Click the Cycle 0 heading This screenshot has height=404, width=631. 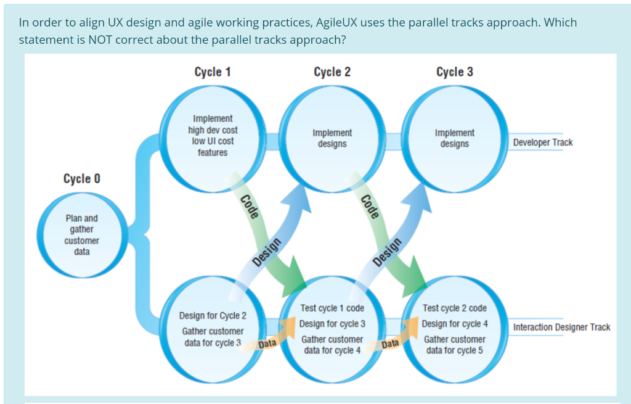[x=81, y=179]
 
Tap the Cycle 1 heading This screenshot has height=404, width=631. [x=213, y=72]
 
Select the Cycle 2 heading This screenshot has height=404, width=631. [x=332, y=72]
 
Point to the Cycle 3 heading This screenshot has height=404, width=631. [x=455, y=72]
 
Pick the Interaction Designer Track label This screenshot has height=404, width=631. [x=561, y=327]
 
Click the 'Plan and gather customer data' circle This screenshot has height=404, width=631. [x=82, y=235]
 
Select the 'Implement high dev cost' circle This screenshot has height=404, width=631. [x=213, y=136]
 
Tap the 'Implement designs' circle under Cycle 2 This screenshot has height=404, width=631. [x=332, y=138]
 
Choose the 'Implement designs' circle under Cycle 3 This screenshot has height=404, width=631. [x=455, y=138]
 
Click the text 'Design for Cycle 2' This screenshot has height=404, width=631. [x=213, y=316]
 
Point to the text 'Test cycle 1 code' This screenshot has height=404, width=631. [x=332, y=308]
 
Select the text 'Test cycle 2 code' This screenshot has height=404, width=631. [x=455, y=308]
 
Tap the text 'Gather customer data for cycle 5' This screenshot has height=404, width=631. [x=455, y=345]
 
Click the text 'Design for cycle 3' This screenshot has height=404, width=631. [x=332, y=324]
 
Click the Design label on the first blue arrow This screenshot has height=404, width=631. [x=267, y=252]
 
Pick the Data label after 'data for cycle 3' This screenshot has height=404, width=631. [x=267, y=344]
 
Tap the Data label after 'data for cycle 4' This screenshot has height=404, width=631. [x=390, y=344]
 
